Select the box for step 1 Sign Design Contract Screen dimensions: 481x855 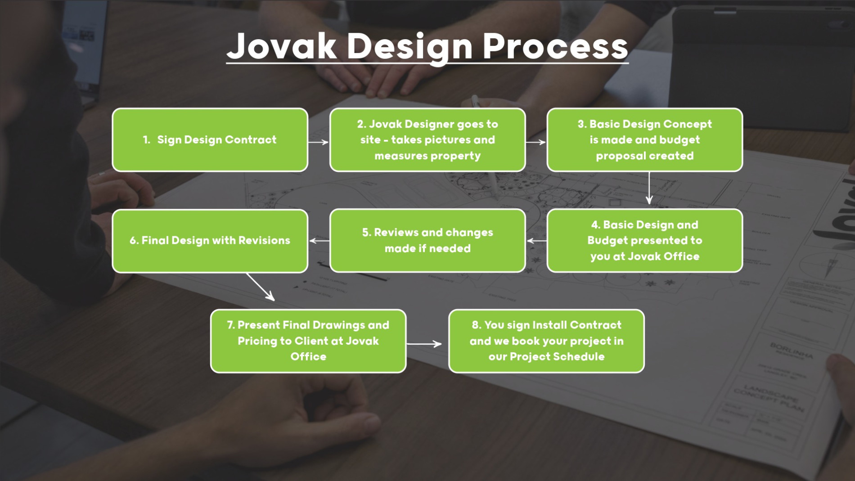point(210,140)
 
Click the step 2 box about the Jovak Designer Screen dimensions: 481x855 point(427,140)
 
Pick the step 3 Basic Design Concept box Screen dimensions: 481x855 point(644,140)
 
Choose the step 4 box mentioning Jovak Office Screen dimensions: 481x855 point(644,241)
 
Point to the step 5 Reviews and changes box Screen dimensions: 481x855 point(427,241)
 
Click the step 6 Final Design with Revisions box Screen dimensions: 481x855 point(210,241)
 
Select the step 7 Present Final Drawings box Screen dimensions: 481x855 point(308,341)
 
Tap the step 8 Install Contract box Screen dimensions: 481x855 point(546,341)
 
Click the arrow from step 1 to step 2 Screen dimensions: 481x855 point(319,142)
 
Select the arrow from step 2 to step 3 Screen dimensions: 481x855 point(536,142)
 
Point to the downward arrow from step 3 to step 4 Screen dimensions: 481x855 point(649,189)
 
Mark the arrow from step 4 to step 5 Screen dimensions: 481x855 point(536,241)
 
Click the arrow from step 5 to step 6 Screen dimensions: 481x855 point(319,241)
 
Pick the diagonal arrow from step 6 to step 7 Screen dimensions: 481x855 point(261,287)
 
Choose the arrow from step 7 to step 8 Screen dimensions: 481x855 point(424,344)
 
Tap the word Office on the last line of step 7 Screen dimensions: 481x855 point(308,357)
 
